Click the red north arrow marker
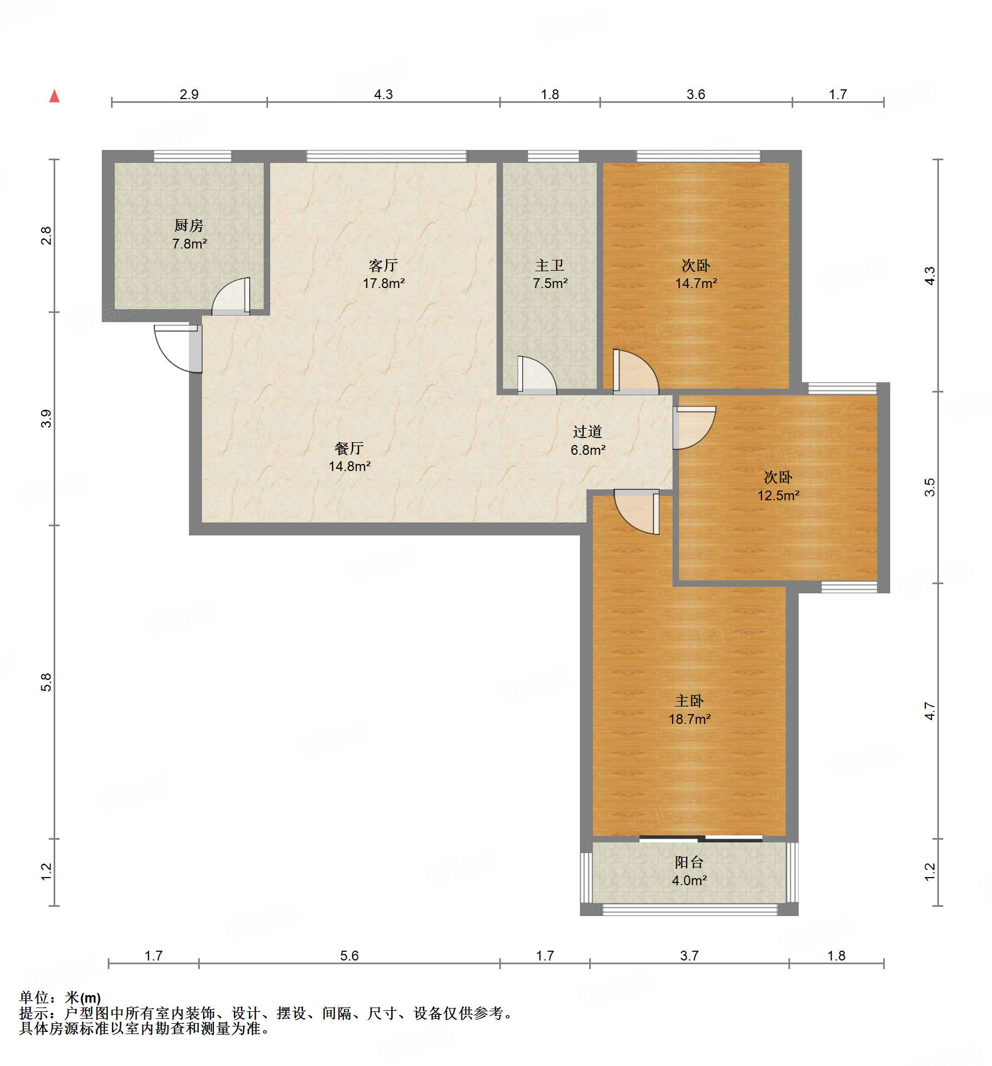[54, 96]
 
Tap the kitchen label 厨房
[189, 225]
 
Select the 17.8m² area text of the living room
[383, 283]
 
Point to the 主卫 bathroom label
[550, 265]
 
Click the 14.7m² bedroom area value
[696, 283]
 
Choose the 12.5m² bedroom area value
[778, 495]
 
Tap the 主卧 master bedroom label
[689, 701]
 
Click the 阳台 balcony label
[689, 862]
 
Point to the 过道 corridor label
[588, 431]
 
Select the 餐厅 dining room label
[349, 448]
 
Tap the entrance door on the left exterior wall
[178, 349]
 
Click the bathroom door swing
[537, 375]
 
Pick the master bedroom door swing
[637, 512]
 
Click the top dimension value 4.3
[383, 94]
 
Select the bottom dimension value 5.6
[349, 956]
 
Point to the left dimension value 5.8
[46, 682]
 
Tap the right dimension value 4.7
[930, 711]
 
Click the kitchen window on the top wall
[192, 156]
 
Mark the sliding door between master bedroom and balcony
[701, 839]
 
